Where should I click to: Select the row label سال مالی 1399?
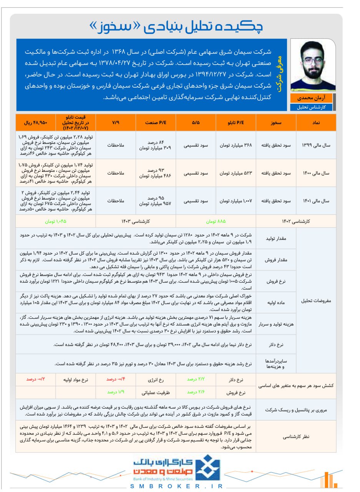(x=316, y=145)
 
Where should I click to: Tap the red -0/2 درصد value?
(x=36, y=379)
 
